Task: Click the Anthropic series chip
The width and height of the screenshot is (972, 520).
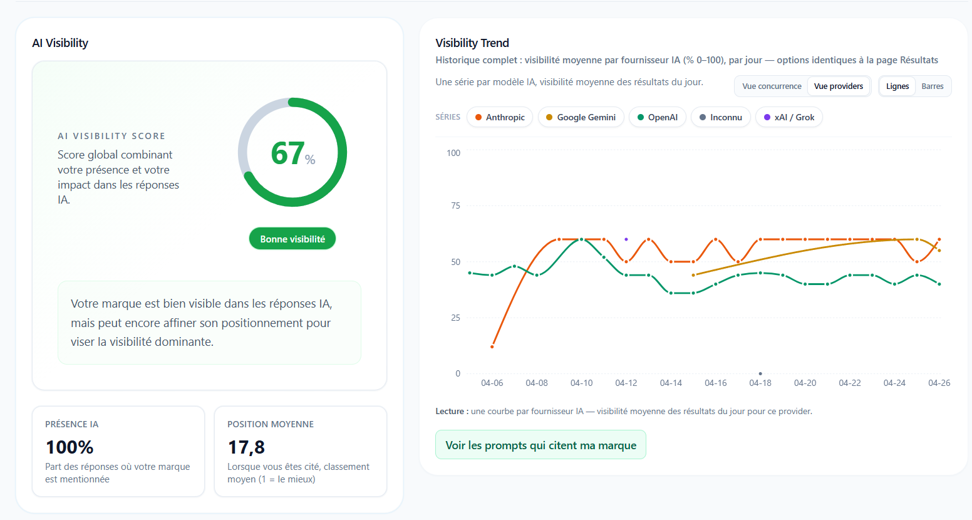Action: pos(500,117)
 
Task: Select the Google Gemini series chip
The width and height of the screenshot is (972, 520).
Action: pos(581,117)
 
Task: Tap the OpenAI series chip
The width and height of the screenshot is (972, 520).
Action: pos(658,117)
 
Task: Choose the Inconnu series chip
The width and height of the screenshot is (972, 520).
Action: pos(720,117)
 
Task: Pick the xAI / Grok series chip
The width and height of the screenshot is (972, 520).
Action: pos(789,117)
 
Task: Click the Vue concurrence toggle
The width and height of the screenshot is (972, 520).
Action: pos(772,86)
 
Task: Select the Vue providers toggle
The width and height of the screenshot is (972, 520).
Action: pos(839,86)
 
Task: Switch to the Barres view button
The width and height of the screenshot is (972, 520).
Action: pos(933,86)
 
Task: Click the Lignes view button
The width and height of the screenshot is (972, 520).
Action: pos(897,86)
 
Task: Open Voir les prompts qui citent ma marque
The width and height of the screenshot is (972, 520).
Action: pos(540,445)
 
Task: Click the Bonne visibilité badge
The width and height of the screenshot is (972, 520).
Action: pos(292,239)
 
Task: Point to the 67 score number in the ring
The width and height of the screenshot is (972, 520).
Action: pos(288,153)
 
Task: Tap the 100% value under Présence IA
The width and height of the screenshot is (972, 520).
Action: pos(70,447)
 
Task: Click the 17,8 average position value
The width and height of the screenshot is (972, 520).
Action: pos(246,447)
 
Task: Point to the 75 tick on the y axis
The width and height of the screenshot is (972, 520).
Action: pos(455,205)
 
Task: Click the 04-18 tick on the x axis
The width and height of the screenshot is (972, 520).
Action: pos(760,383)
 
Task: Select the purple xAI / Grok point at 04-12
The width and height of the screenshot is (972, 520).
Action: pos(626,239)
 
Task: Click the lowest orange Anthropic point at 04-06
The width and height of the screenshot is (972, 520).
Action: pos(492,346)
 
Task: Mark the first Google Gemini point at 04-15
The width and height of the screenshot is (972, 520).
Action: pos(693,275)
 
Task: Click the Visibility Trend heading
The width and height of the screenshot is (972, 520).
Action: pos(472,43)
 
